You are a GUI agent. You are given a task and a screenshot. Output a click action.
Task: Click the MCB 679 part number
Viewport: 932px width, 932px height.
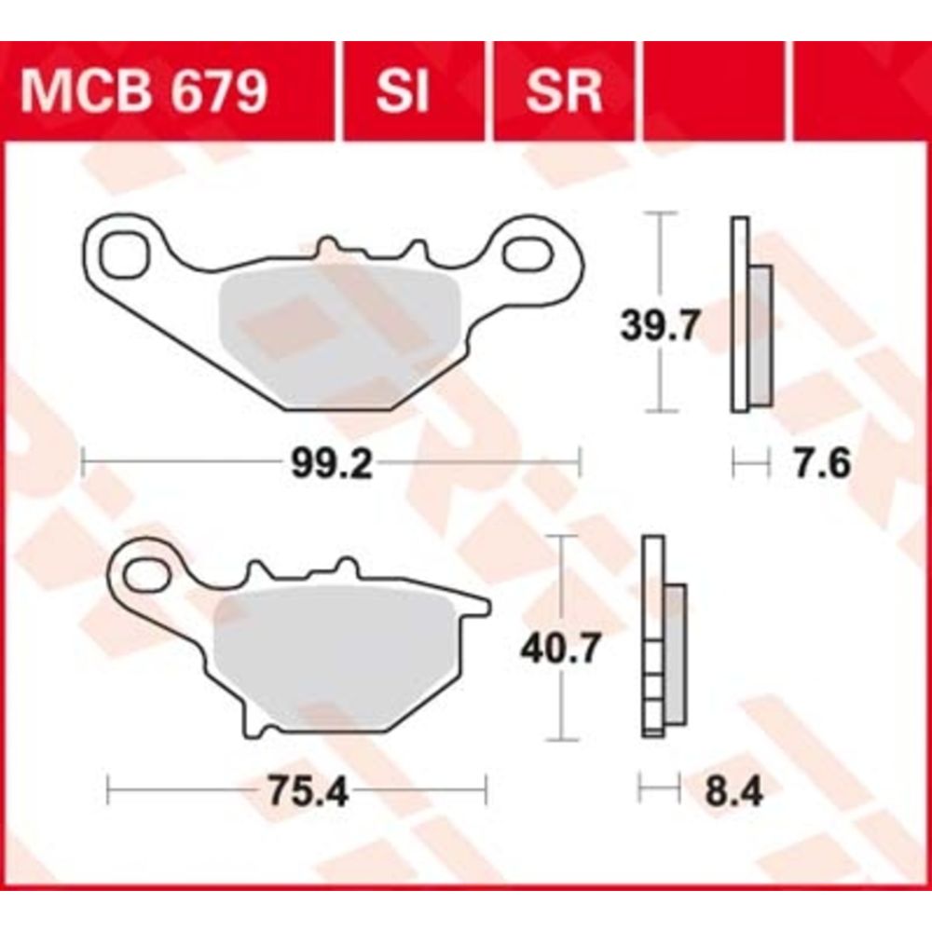click(144, 92)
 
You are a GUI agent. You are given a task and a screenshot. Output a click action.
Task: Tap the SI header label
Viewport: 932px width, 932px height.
click(402, 92)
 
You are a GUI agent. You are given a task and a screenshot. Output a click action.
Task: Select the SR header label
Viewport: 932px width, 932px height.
click(564, 92)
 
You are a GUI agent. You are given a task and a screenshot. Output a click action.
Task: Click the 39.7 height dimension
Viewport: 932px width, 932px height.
click(659, 325)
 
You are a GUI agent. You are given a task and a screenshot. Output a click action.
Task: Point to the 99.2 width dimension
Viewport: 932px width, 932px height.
click(331, 463)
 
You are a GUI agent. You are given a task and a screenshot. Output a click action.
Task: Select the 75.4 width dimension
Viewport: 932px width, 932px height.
click(308, 791)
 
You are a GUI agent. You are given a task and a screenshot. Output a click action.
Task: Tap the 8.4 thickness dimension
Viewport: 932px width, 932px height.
click(733, 791)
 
